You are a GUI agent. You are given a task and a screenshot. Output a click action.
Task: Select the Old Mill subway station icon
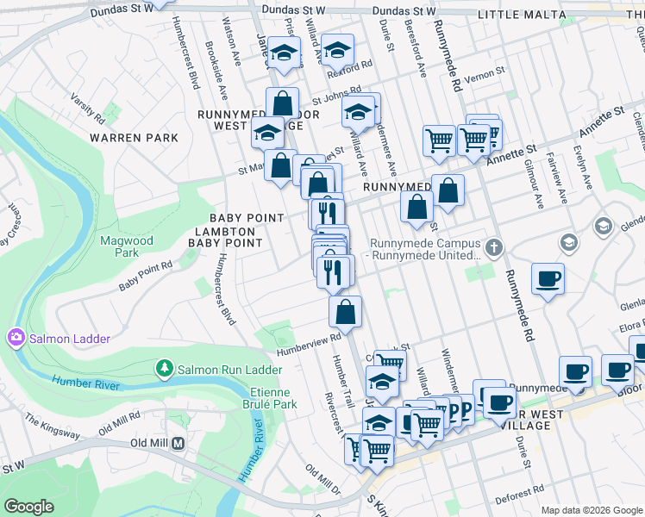coord(178,444)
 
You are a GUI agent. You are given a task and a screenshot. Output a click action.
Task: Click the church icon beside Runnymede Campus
coord(492,248)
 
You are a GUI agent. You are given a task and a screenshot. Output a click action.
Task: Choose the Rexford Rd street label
coord(354,64)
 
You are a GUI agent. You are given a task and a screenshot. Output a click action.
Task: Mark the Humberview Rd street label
coord(310,345)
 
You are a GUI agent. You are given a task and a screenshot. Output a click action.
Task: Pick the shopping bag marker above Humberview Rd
coord(345,313)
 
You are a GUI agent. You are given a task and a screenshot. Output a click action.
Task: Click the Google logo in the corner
coord(29,507)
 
